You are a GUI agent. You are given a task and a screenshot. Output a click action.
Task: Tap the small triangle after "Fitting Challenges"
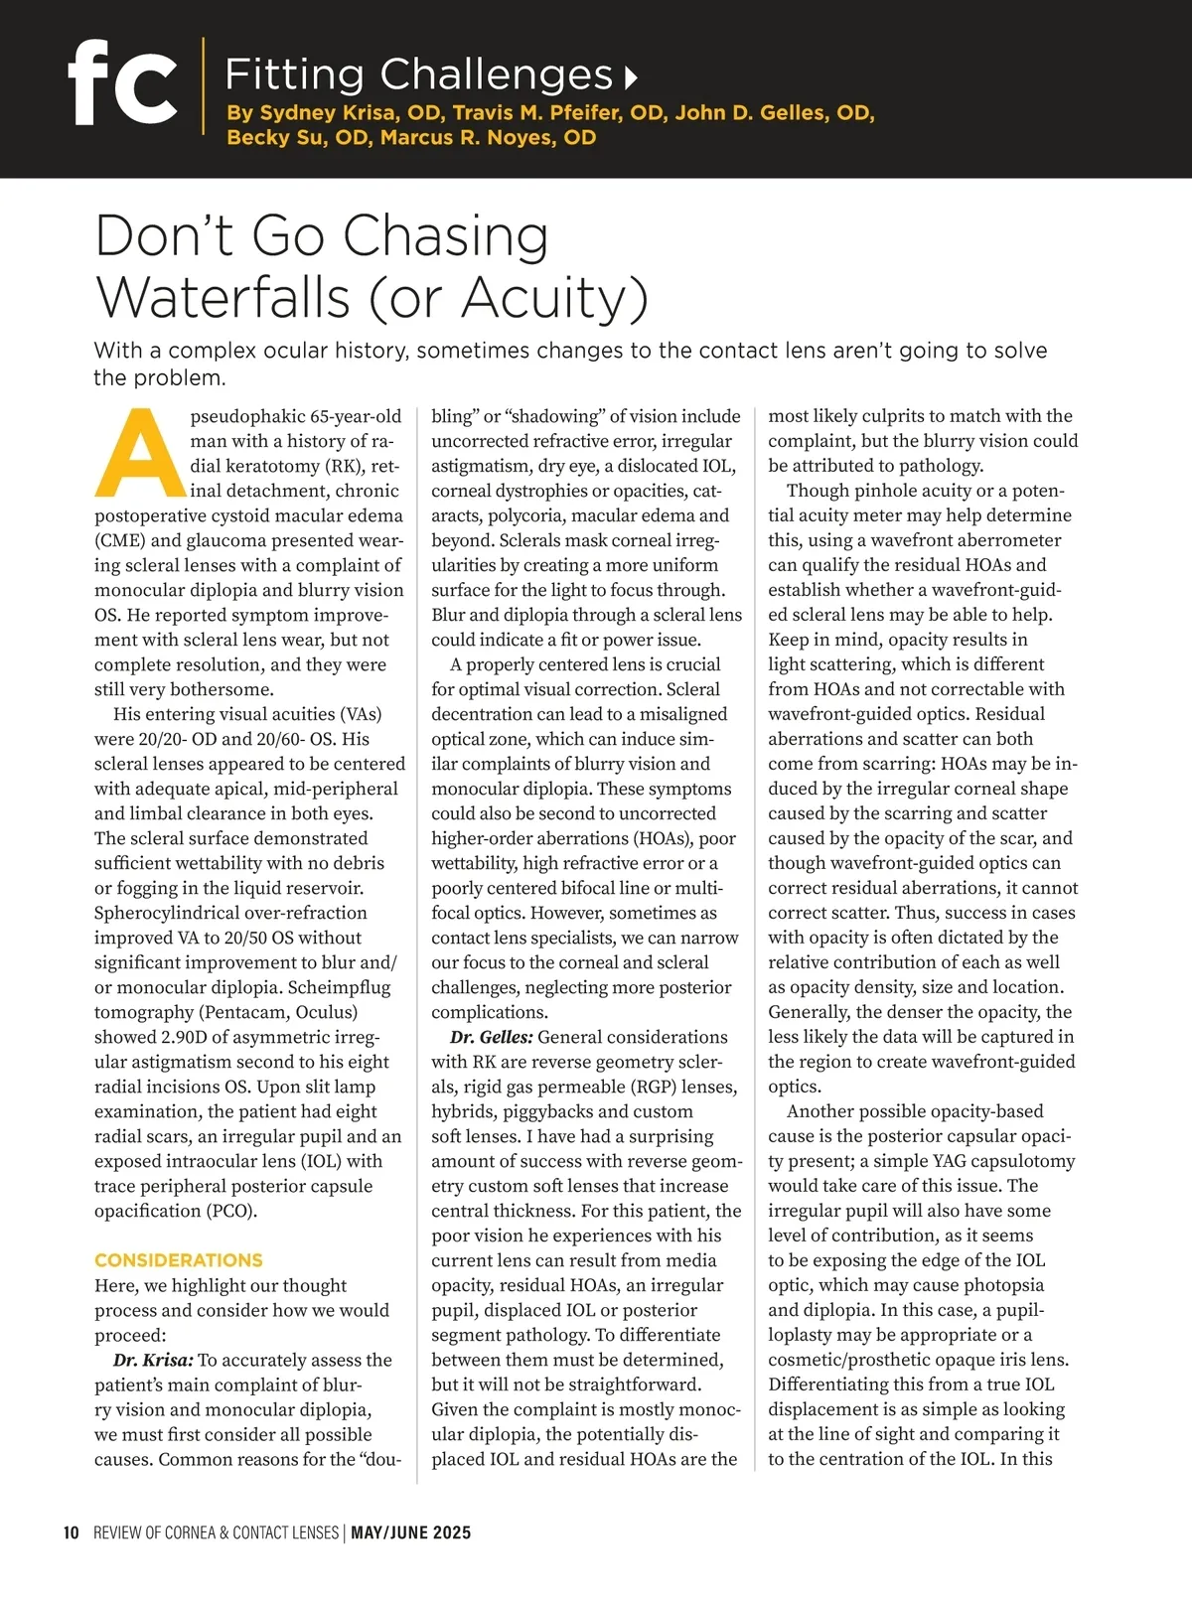coord(630,76)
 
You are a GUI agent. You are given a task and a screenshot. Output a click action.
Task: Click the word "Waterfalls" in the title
coord(223,297)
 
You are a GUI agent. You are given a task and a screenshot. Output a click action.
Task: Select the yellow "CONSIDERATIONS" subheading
coord(179,1260)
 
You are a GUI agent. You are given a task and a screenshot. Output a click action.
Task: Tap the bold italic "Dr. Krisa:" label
coord(153,1360)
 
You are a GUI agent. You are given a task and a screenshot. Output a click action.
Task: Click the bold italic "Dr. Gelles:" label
coord(492,1037)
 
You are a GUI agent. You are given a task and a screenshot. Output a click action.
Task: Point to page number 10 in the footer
coord(72,1532)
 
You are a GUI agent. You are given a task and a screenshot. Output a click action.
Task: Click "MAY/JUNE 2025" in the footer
coord(411,1532)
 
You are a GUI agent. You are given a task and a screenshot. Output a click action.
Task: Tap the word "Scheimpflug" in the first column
coord(339,987)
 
